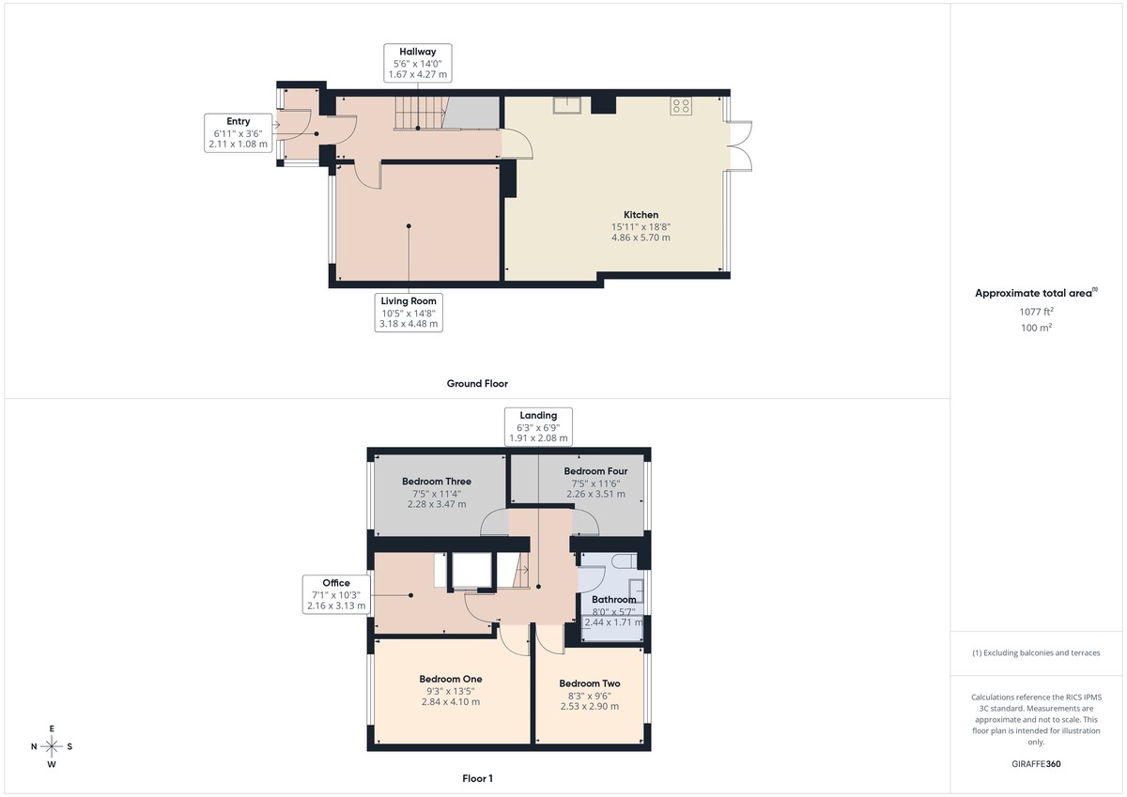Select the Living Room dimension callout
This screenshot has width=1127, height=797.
409,312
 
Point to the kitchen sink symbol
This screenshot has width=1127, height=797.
567,105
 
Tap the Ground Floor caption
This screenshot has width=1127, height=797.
477,383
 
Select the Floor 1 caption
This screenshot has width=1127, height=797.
477,778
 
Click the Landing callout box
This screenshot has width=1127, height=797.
538,426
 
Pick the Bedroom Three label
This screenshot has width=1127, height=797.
437,482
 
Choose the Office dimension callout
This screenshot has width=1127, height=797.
336,594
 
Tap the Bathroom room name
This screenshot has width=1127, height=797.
613,600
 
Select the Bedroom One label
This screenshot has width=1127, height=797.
451,679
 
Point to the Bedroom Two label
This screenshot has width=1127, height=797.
589,683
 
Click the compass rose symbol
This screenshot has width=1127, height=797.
52,746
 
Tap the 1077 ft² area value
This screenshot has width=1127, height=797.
1037,311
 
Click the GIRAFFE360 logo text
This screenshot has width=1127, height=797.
1037,764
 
